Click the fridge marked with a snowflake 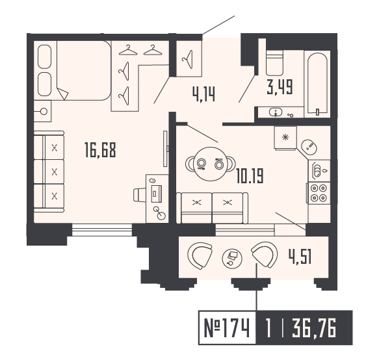point(285,137)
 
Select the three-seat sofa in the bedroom point(49,172)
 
